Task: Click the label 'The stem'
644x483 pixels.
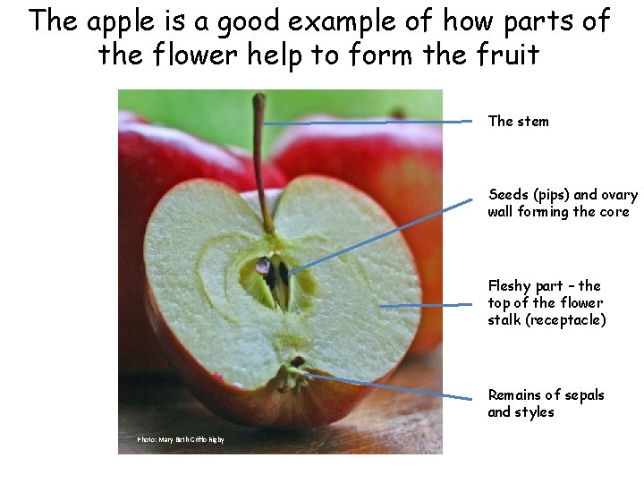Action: click(x=518, y=121)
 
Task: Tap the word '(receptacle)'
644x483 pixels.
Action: click(x=547, y=319)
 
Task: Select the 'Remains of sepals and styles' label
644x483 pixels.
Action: click(x=546, y=403)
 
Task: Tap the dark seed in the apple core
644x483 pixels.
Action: click(x=263, y=266)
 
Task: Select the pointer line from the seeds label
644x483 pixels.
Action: click(x=385, y=234)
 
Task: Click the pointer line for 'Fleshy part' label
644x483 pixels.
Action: click(x=425, y=305)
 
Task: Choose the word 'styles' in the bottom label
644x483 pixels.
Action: click(x=534, y=411)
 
